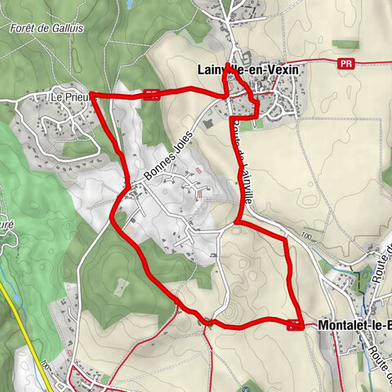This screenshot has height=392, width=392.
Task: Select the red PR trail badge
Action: click(350, 61)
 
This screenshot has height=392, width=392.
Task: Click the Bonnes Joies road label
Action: click(169, 155)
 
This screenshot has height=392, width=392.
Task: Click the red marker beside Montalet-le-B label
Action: click(296, 326)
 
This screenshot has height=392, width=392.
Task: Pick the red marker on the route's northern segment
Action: click(150, 93)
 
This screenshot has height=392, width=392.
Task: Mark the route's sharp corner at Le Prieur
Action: click(91, 95)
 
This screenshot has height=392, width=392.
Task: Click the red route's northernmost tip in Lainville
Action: click(228, 65)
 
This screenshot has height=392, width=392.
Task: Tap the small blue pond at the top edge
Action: click(130, 5)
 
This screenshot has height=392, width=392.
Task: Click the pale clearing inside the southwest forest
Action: click(121, 286)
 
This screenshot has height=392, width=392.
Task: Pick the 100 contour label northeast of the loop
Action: click(306, 236)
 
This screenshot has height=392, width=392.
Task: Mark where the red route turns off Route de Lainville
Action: click(236, 221)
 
